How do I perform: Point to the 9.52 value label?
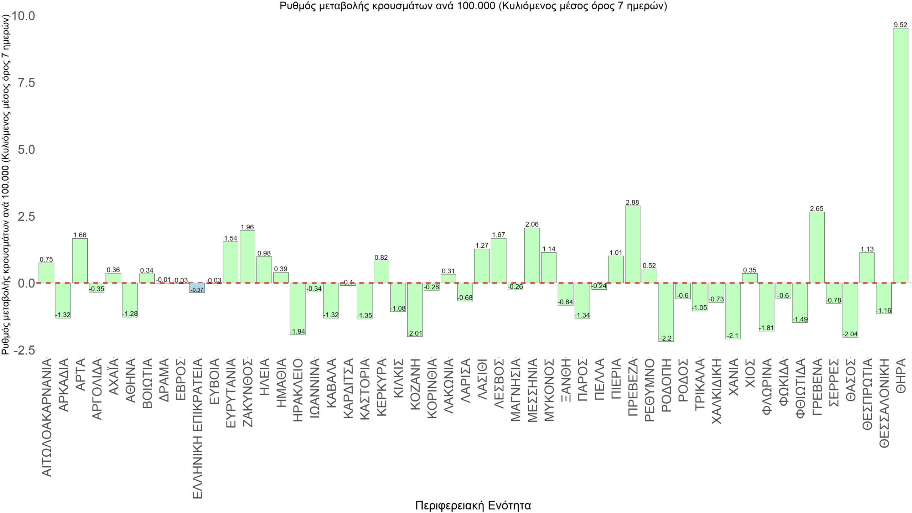pyautogui.click(x=900, y=25)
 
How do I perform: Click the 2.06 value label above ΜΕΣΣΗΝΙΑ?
pyautogui.click(x=532, y=224)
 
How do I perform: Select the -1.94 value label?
pyautogui.click(x=297, y=332)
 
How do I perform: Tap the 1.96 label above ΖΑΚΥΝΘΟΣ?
pyautogui.click(x=247, y=227)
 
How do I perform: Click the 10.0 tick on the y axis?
pyautogui.click(x=24, y=16)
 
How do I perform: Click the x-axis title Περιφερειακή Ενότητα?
pyautogui.click(x=473, y=505)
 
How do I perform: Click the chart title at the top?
pyautogui.click(x=473, y=6)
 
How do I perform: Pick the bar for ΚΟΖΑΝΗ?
pyautogui.click(x=415, y=310)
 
